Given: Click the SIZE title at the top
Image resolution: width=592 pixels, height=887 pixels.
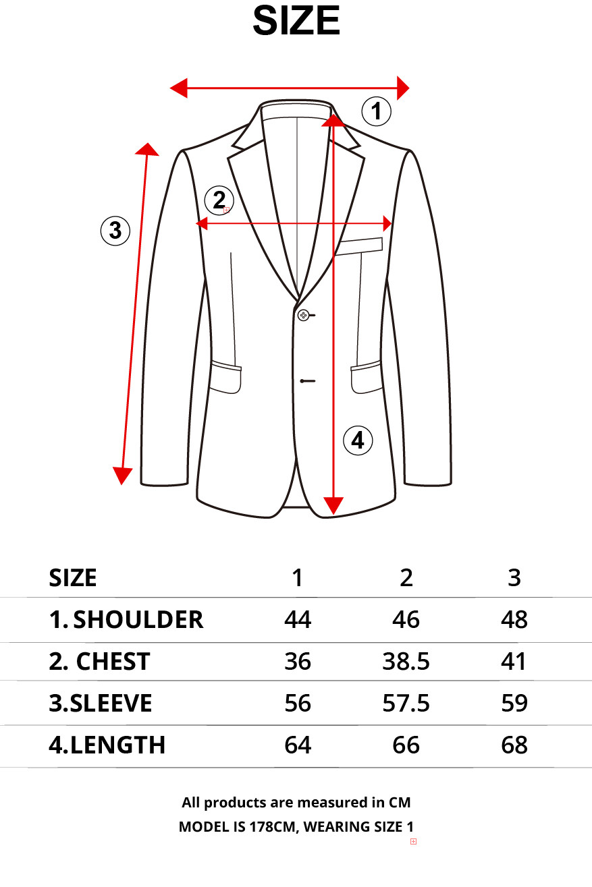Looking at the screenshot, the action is [x=296, y=21].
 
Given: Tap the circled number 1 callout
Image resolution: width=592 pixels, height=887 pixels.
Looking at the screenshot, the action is [x=377, y=111].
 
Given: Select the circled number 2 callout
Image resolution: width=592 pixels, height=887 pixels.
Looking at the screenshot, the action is [x=219, y=200].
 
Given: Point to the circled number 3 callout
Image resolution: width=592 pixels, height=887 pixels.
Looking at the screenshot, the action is [x=115, y=231].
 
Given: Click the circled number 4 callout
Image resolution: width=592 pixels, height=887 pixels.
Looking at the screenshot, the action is [x=358, y=440].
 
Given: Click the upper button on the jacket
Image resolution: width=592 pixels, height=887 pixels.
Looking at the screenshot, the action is [x=303, y=315].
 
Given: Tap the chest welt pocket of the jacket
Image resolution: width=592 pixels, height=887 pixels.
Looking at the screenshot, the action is [x=358, y=246].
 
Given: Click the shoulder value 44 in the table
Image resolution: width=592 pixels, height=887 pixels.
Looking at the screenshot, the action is [x=298, y=620].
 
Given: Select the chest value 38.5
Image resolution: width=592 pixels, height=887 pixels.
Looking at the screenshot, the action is [x=406, y=661].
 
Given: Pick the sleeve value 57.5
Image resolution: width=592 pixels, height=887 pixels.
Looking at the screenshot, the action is [x=406, y=704].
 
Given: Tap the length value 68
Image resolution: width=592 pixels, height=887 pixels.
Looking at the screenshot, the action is [x=514, y=745].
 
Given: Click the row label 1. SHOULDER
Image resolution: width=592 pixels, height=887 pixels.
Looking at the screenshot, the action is [x=126, y=620].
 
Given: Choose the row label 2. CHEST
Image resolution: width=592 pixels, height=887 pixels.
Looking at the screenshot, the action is [x=99, y=661].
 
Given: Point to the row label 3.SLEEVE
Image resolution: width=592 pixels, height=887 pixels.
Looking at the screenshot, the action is [x=101, y=704].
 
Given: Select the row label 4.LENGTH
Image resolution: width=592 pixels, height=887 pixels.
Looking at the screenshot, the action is [x=107, y=745].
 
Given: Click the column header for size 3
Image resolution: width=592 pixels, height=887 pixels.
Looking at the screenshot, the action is [x=514, y=578].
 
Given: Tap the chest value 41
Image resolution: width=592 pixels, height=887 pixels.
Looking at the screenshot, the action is [x=513, y=661].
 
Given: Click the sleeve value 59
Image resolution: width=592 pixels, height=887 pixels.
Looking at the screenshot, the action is [x=514, y=704].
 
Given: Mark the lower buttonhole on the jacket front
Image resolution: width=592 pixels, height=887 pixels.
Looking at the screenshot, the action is [x=308, y=381].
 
